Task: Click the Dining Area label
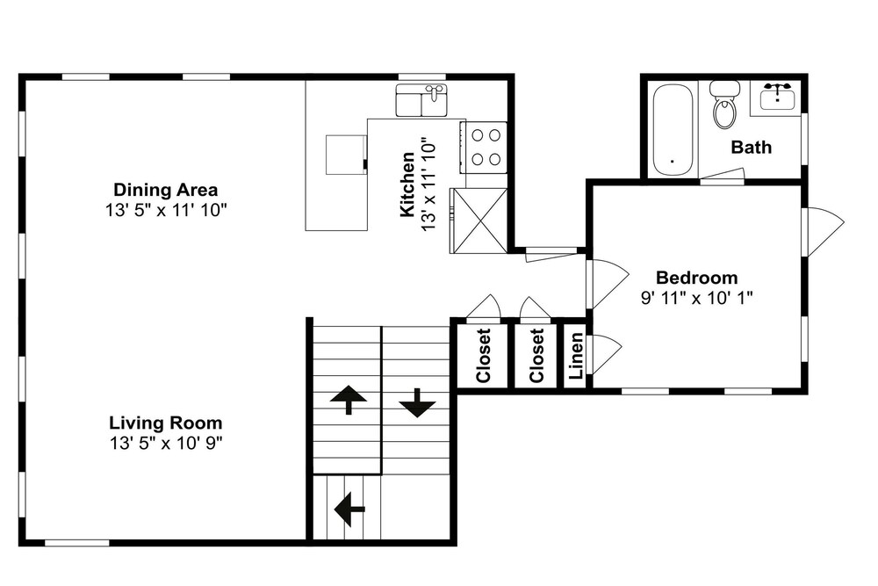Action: click(x=165, y=190)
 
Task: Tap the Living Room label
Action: click(x=165, y=423)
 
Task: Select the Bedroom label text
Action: click(x=696, y=278)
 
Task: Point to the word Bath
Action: click(x=751, y=147)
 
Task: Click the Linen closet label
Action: click(x=576, y=355)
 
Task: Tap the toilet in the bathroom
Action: click(x=724, y=105)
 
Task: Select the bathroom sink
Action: click(x=777, y=98)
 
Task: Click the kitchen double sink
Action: click(x=421, y=100)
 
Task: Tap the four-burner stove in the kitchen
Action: click(x=484, y=148)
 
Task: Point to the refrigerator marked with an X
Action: click(x=479, y=221)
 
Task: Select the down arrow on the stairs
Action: click(x=417, y=402)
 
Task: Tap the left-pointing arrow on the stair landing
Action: click(x=349, y=510)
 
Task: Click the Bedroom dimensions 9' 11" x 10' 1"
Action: click(x=696, y=298)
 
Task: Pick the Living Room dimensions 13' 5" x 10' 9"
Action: click(x=166, y=443)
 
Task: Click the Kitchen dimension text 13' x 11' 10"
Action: click(x=428, y=184)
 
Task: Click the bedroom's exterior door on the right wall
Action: click(x=824, y=232)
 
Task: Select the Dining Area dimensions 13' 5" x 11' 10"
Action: click(x=166, y=210)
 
